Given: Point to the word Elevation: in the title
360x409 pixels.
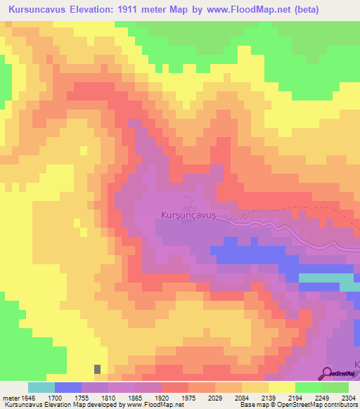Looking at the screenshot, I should [86, 10].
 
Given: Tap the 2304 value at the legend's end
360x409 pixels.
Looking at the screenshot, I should [348, 397].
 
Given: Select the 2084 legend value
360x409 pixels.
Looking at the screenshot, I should [241, 397].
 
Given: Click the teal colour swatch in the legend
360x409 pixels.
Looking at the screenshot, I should [41, 387].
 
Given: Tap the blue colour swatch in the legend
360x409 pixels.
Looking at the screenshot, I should [67, 387].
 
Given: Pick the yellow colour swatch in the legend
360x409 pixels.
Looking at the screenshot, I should [281, 387].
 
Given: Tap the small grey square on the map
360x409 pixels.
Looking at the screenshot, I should [97, 368].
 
